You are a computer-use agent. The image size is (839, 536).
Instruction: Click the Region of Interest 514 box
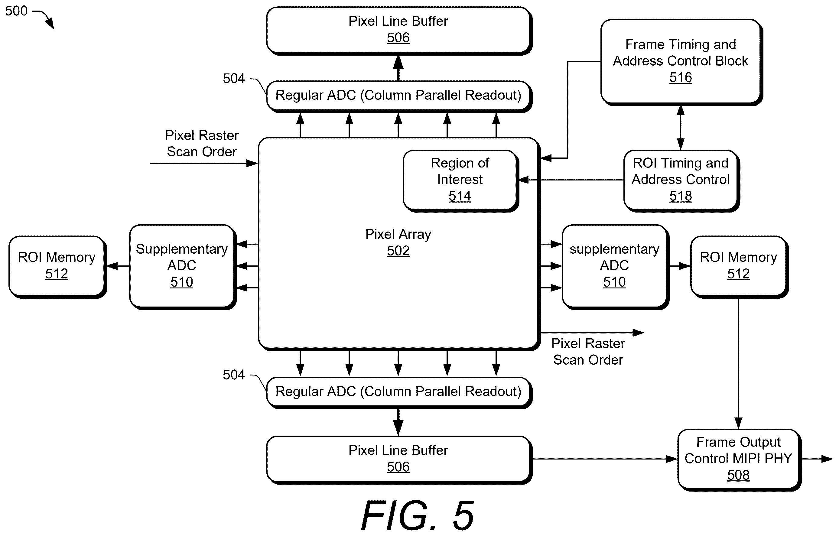(460, 180)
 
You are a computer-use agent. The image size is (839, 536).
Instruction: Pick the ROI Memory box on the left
(57, 266)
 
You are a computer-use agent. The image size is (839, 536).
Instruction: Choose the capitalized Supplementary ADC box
(182, 266)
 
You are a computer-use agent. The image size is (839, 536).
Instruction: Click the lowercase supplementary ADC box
(615, 266)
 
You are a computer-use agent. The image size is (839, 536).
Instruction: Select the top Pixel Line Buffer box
(398, 30)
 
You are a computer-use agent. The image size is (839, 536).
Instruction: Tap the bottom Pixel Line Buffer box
(398, 460)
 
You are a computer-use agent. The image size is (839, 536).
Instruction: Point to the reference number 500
(16, 11)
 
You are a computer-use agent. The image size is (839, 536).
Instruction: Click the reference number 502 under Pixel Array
(398, 251)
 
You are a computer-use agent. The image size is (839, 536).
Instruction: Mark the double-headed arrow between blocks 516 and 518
(681, 128)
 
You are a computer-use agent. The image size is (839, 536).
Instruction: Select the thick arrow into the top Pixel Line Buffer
(398, 68)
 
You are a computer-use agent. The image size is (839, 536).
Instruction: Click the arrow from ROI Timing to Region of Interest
(571, 180)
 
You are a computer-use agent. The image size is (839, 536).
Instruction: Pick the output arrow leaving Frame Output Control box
(817, 459)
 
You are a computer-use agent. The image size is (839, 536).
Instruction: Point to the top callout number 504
(234, 79)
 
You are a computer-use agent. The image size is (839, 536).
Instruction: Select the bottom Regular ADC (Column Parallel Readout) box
(398, 392)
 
